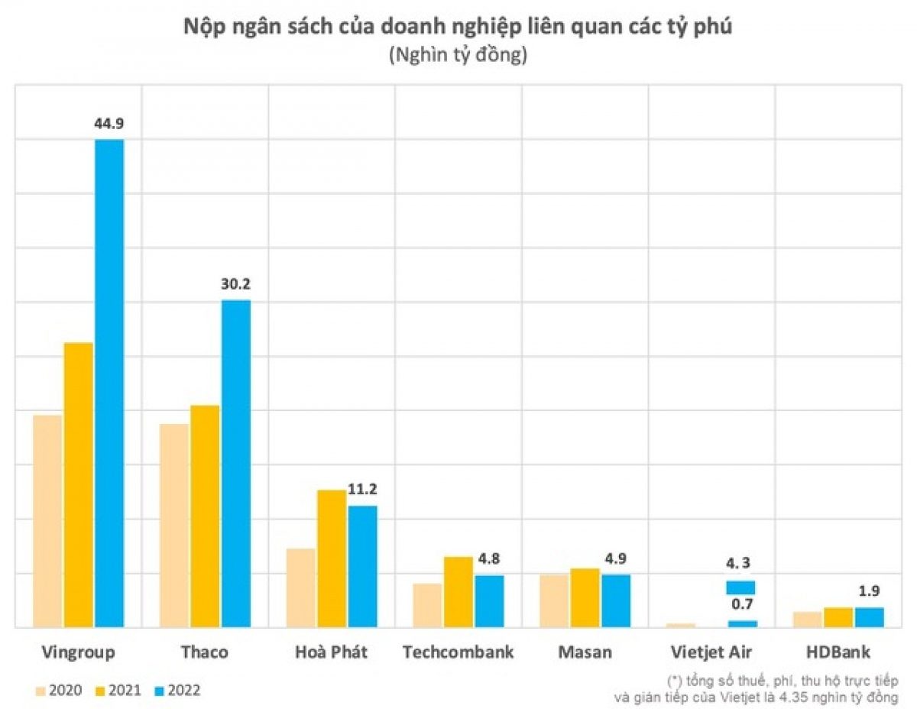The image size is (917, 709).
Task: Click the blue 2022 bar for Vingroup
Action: pyautogui.click(x=109, y=382)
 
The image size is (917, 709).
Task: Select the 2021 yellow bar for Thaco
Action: pyautogui.click(x=205, y=516)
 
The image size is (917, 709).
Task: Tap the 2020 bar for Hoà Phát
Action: pyautogui.click(x=300, y=588)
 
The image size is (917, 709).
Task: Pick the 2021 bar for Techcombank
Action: pyautogui.click(x=458, y=591)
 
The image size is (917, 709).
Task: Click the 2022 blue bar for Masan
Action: pyautogui.click(x=616, y=601)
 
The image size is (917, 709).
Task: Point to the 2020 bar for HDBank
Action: pyautogui.click(x=808, y=619)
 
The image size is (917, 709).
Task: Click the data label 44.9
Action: pyautogui.click(x=109, y=123)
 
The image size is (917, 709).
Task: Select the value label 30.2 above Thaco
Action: pyautogui.click(x=235, y=283)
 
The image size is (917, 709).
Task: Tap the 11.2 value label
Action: pyautogui.click(x=362, y=489)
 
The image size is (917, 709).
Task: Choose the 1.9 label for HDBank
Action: pyautogui.click(x=870, y=591)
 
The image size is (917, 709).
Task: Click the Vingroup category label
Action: pyautogui.click(x=79, y=652)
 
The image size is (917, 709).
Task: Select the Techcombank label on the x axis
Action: pyautogui.click(x=458, y=652)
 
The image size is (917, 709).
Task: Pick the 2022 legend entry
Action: pyautogui.click(x=173, y=690)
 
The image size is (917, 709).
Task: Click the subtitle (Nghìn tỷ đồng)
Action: pyautogui.click(x=458, y=55)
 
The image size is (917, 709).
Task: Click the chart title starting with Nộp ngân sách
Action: pyautogui.click(x=458, y=27)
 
